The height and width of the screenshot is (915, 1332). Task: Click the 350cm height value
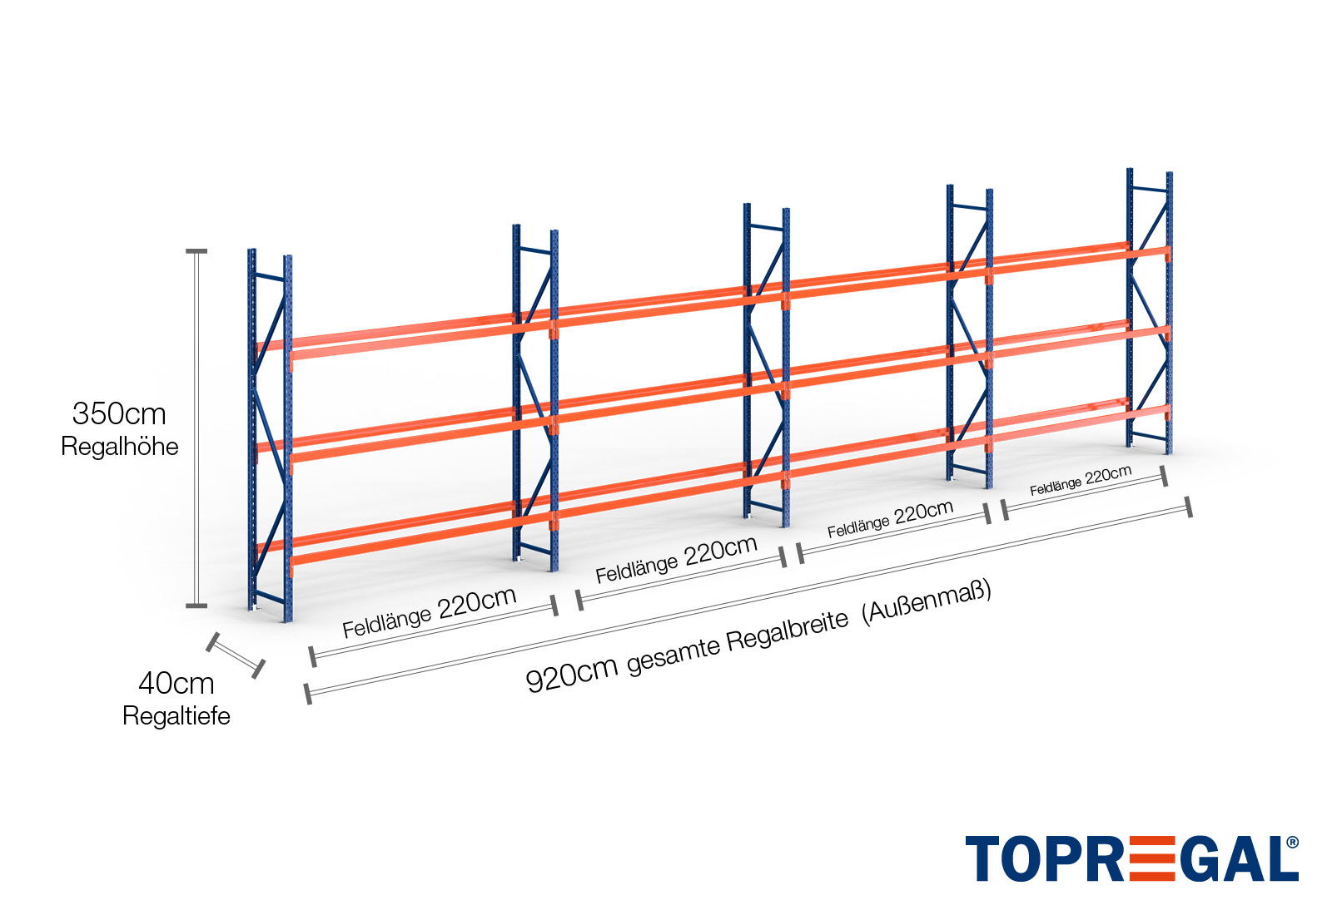point(119,413)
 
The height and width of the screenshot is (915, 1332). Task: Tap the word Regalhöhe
point(120,447)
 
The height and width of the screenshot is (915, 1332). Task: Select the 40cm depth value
point(176,683)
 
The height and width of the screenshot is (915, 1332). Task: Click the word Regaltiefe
point(176,715)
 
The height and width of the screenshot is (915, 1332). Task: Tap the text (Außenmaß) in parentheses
point(927,601)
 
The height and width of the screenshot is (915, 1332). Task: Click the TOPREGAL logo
point(1131,858)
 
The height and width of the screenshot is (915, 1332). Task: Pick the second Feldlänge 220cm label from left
point(676,559)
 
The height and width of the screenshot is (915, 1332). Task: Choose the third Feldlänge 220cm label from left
point(890,519)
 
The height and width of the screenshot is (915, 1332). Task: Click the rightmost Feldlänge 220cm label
point(1081,481)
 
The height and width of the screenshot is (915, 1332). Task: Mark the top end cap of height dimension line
point(196,250)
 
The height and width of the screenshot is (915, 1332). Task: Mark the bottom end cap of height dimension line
point(196,606)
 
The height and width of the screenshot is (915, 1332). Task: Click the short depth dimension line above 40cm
point(236,655)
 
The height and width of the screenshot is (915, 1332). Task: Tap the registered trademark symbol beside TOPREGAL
point(1292,843)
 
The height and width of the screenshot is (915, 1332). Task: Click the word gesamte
point(673,655)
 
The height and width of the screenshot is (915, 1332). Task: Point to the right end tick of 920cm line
point(1189,507)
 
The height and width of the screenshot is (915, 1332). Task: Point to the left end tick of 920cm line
point(308,694)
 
